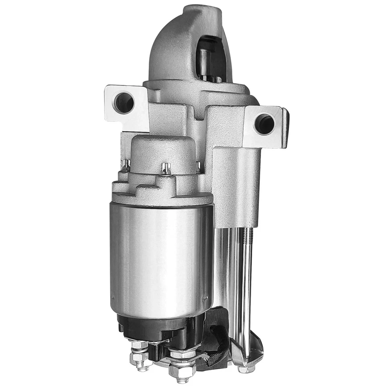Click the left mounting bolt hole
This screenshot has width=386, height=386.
coord(124,103)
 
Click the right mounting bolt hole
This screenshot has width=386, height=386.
coord(264,124)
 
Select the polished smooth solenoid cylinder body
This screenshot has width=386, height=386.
coord(161,257)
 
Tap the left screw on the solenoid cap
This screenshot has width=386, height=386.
coord(126,165)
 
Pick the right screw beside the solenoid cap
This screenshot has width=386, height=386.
coord(198,166)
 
